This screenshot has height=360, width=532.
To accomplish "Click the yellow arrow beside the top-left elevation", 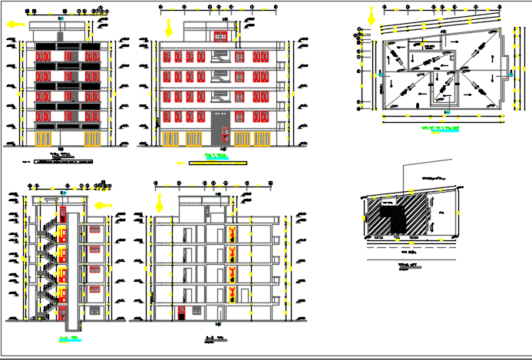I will (x=12, y=24).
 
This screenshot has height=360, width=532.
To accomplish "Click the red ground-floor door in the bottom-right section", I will (x=181, y=312).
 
